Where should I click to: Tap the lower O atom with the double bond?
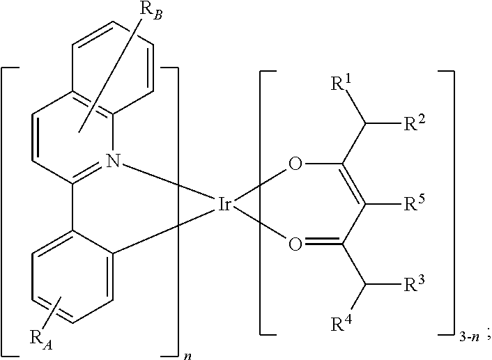[x=295, y=244]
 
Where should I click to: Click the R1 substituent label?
[x=341, y=87]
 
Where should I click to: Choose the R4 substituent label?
[x=341, y=323]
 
